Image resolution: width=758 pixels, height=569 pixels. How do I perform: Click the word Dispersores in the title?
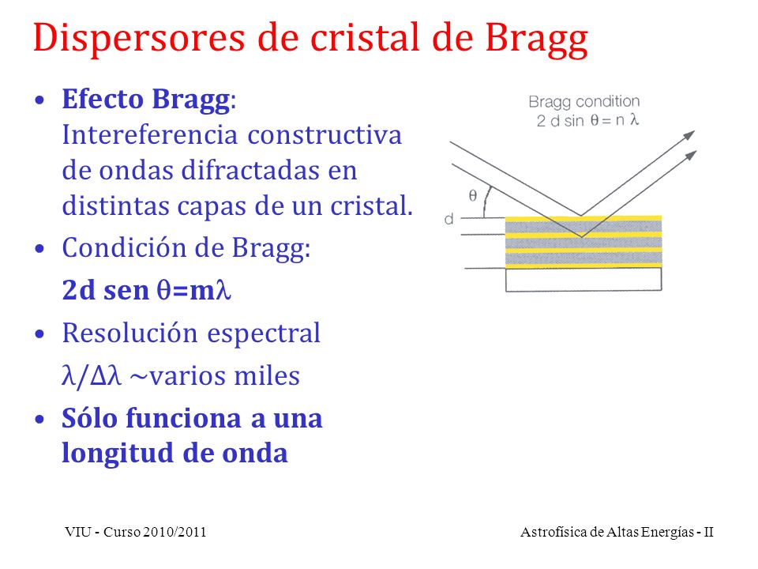click(139, 38)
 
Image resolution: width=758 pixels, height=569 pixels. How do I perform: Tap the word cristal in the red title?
click(364, 37)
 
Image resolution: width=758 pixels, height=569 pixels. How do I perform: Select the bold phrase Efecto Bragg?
click(145, 100)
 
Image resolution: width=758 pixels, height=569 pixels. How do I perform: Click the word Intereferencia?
click(150, 134)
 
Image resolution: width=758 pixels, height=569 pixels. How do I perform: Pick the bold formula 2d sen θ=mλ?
click(147, 290)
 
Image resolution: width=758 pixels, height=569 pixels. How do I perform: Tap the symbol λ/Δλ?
click(92, 376)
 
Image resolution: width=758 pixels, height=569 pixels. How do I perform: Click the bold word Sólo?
click(90, 418)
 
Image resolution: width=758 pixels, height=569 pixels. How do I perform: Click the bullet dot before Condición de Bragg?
click(39, 249)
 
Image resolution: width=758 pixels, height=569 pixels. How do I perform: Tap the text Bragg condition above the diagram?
click(584, 102)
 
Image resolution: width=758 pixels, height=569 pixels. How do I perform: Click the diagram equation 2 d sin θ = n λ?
click(587, 120)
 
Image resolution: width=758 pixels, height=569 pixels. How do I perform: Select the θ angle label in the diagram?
click(473, 195)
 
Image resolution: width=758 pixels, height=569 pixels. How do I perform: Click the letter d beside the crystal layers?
click(449, 219)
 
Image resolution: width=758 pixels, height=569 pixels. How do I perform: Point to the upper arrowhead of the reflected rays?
click(689, 135)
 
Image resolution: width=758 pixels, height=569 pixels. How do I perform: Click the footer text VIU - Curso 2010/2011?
click(136, 532)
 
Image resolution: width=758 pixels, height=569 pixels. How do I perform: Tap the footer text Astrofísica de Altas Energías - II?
click(617, 532)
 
